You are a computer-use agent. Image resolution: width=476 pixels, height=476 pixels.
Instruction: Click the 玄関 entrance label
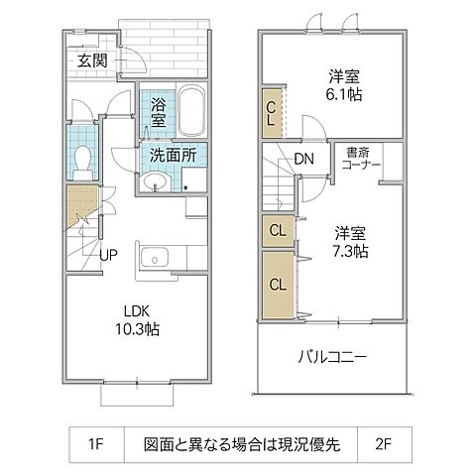[x=92, y=59]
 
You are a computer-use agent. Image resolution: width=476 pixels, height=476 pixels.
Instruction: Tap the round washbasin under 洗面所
[x=156, y=180]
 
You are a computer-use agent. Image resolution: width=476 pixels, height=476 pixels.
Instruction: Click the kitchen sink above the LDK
[x=157, y=258]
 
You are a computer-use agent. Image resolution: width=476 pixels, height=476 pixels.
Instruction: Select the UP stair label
[x=109, y=253]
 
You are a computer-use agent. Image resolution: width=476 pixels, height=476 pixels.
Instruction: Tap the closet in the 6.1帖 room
[x=271, y=113]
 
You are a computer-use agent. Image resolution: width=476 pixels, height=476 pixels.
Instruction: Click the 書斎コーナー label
[x=361, y=159]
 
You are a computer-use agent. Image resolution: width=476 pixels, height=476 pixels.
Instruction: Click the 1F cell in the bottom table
[x=95, y=444]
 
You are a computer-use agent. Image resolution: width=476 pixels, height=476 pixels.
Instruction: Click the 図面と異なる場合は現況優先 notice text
[x=241, y=444]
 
